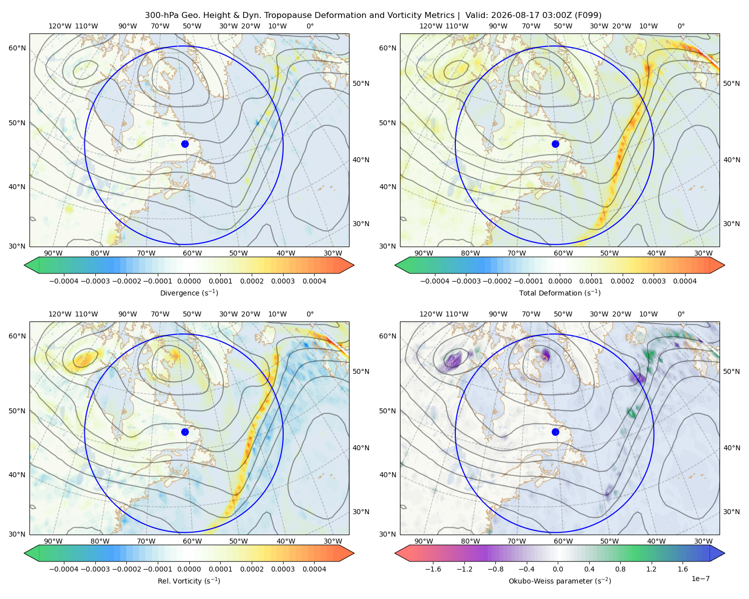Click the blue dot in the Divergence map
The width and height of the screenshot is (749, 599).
185,144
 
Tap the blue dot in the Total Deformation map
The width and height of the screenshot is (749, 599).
555,144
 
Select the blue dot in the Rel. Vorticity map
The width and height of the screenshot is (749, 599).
185,432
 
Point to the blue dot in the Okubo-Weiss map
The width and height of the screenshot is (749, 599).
555,432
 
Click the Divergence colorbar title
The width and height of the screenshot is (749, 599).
189,293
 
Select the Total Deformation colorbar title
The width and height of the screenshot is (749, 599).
560,293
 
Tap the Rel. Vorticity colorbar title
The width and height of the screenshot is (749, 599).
189,581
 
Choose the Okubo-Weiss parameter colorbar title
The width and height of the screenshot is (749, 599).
560,581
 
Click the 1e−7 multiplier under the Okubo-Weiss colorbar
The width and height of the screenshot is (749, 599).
700,579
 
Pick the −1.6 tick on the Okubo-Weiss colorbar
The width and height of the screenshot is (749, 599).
433,569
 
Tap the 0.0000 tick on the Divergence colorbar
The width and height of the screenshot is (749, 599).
189,281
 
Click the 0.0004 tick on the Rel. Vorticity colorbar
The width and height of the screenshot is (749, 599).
314,569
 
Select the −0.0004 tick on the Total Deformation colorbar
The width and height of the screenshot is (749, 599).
435,281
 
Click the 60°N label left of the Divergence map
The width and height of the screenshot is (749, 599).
17,48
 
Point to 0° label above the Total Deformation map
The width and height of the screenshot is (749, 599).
681,26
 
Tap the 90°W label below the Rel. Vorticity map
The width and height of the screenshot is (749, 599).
53,541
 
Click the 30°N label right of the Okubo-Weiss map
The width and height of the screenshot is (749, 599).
732,512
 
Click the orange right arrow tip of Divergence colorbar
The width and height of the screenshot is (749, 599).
354,266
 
